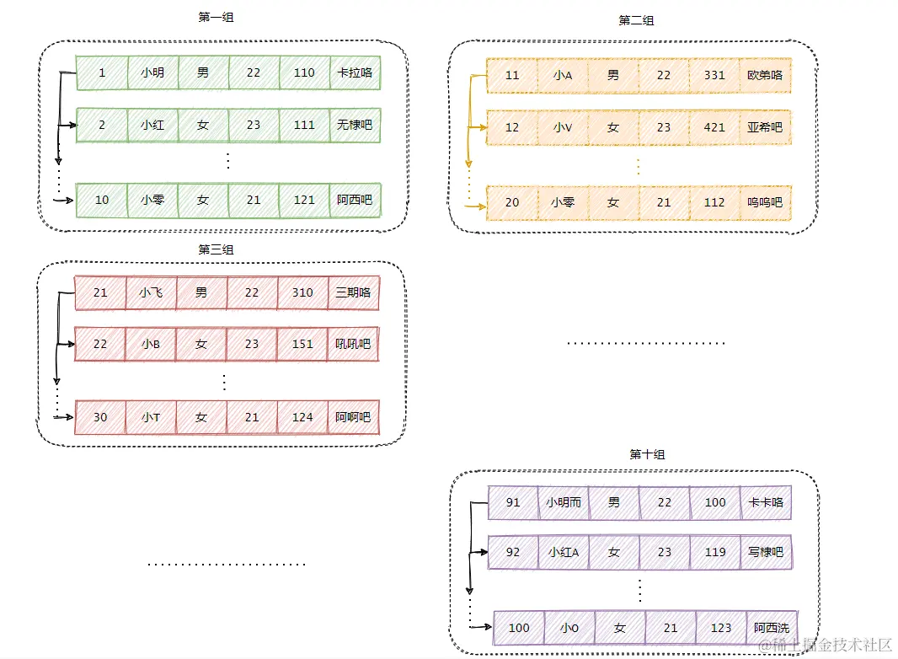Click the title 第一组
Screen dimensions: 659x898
click(x=216, y=17)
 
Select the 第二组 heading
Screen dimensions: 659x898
click(x=636, y=20)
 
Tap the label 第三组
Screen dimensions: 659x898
click(x=216, y=249)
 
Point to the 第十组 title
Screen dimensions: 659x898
click(x=647, y=454)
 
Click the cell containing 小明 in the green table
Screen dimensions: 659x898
click(x=152, y=72)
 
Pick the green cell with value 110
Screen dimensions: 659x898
click(x=304, y=72)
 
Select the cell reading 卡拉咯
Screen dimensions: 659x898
click(x=355, y=72)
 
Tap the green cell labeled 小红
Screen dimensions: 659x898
click(x=152, y=125)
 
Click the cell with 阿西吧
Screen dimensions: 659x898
click(x=355, y=200)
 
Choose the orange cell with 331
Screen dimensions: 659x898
click(x=714, y=75)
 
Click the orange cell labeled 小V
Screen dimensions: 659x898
click(x=563, y=127)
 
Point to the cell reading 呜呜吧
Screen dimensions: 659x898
click(x=765, y=202)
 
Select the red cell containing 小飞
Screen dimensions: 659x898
click(x=151, y=292)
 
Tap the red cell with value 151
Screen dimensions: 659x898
click(x=302, y=344)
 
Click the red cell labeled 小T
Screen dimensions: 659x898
click(x=151, y=417)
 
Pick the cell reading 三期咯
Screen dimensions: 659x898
click(x=353, y=292)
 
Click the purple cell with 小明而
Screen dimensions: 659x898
click(x=563, y=502)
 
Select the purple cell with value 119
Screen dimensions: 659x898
click(x=715, y=553)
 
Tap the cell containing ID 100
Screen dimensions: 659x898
click(x=519, y=627)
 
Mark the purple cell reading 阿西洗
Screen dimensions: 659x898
click(x=772, y=627)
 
